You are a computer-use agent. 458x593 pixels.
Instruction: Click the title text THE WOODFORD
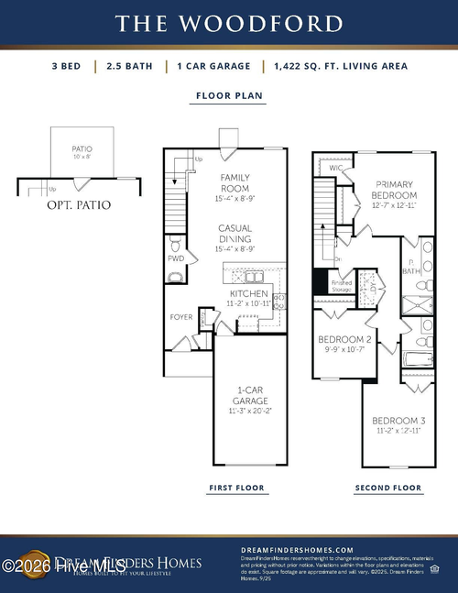point(228,22)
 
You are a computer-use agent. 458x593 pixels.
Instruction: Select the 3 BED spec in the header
point(71,66)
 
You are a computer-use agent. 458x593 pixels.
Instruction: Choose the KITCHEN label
point(248,293)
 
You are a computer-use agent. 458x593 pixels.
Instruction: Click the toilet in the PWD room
point(175,245)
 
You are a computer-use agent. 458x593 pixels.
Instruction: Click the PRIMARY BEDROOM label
point(395,190)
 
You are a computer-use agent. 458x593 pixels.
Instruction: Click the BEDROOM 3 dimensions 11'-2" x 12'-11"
point(397,429)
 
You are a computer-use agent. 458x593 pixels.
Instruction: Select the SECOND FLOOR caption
point(387,489)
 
